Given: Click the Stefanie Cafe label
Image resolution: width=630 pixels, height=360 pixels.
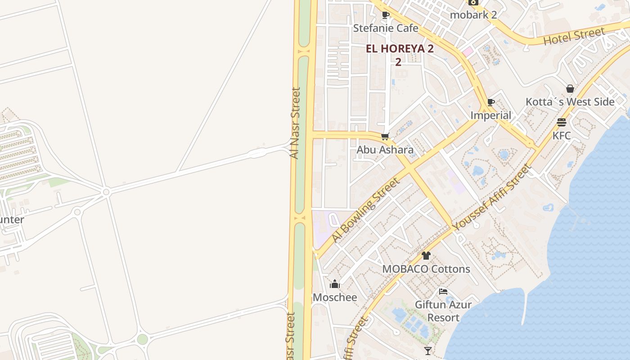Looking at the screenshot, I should tap(386, 28).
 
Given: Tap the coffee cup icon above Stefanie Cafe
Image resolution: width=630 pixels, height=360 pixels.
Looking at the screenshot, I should tap(386, 15).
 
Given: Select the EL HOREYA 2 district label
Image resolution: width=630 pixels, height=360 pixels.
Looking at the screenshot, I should tap(400, 49).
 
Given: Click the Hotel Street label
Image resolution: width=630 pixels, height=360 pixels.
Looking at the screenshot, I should tap(574, 36).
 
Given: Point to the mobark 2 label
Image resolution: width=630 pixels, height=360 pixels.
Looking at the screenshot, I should tap(473, 15).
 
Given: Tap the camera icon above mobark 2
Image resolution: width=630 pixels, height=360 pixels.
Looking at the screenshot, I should tap(472, 2).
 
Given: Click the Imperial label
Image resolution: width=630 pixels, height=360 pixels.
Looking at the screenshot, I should tap(490, 116).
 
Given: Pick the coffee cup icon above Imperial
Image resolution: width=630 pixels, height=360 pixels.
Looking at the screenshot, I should tap(491, 103).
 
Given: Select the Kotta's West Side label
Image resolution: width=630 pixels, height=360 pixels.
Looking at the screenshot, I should tap(570, 102).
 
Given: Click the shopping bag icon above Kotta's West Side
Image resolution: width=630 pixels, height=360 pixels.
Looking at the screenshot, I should tap(570, 89).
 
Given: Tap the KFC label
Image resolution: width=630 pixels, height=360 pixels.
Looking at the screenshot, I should tap(562, 135).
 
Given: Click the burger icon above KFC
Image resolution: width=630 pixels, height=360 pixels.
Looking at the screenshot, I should tap(562, 122).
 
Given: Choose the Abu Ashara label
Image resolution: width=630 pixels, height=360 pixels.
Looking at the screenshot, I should tap(385, 150).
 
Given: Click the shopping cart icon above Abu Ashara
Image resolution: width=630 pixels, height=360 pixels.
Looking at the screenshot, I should tap(385, 136).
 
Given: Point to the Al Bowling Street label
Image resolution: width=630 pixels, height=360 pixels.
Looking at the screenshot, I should tap(365, 210).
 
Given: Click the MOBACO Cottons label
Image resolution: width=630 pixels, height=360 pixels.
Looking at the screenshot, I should tap(426, 269).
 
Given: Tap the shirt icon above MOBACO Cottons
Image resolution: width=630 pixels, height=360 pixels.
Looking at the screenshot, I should tap(426, 256).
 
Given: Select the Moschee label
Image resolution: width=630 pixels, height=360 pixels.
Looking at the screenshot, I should tap(335, 297).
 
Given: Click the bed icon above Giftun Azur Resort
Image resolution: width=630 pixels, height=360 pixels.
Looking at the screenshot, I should tap(443, 292).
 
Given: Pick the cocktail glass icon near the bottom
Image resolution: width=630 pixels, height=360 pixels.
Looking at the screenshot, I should tap(428, 351).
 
